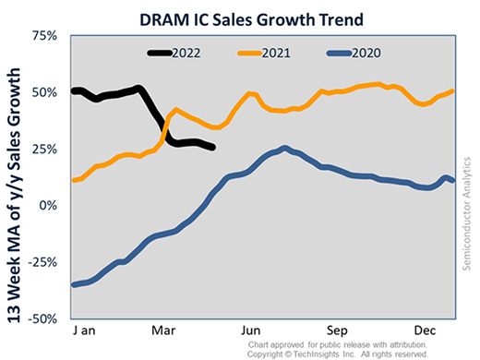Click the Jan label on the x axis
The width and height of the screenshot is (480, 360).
(x=87, y=330)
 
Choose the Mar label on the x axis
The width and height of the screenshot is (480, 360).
(x=164, y=330)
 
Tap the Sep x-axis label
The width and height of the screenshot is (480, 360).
(x=338, y=330)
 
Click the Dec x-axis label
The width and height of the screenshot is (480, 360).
(x=425, y=330)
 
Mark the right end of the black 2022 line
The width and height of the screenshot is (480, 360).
(x=214, y=148)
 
